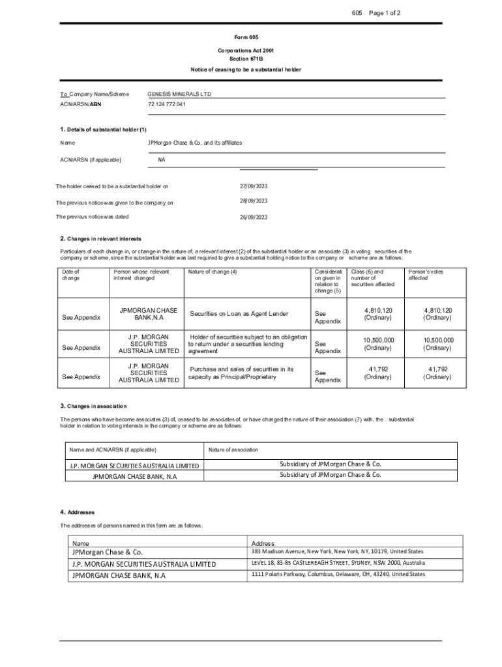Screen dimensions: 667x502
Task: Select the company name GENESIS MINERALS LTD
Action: [x=179, y=94]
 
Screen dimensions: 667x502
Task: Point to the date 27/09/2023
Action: [x=254, y=187]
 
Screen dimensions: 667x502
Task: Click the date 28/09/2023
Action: [x=254, y=201]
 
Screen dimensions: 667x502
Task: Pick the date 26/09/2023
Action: [x=254, y=217]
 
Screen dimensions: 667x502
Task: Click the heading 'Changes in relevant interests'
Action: [x=104, y=238]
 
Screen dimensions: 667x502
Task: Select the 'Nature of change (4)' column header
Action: [x=213, y=271]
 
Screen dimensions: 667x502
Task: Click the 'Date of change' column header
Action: [x=71, y=274]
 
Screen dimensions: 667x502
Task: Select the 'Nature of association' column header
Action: [x=233, y=449]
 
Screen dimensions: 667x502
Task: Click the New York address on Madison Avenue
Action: [x=337, y=552]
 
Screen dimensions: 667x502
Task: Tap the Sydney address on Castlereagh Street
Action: [x=338, y=563]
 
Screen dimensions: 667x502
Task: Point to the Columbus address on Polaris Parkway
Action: [x=338, y=575]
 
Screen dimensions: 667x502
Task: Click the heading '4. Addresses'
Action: [x=78, y=512]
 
